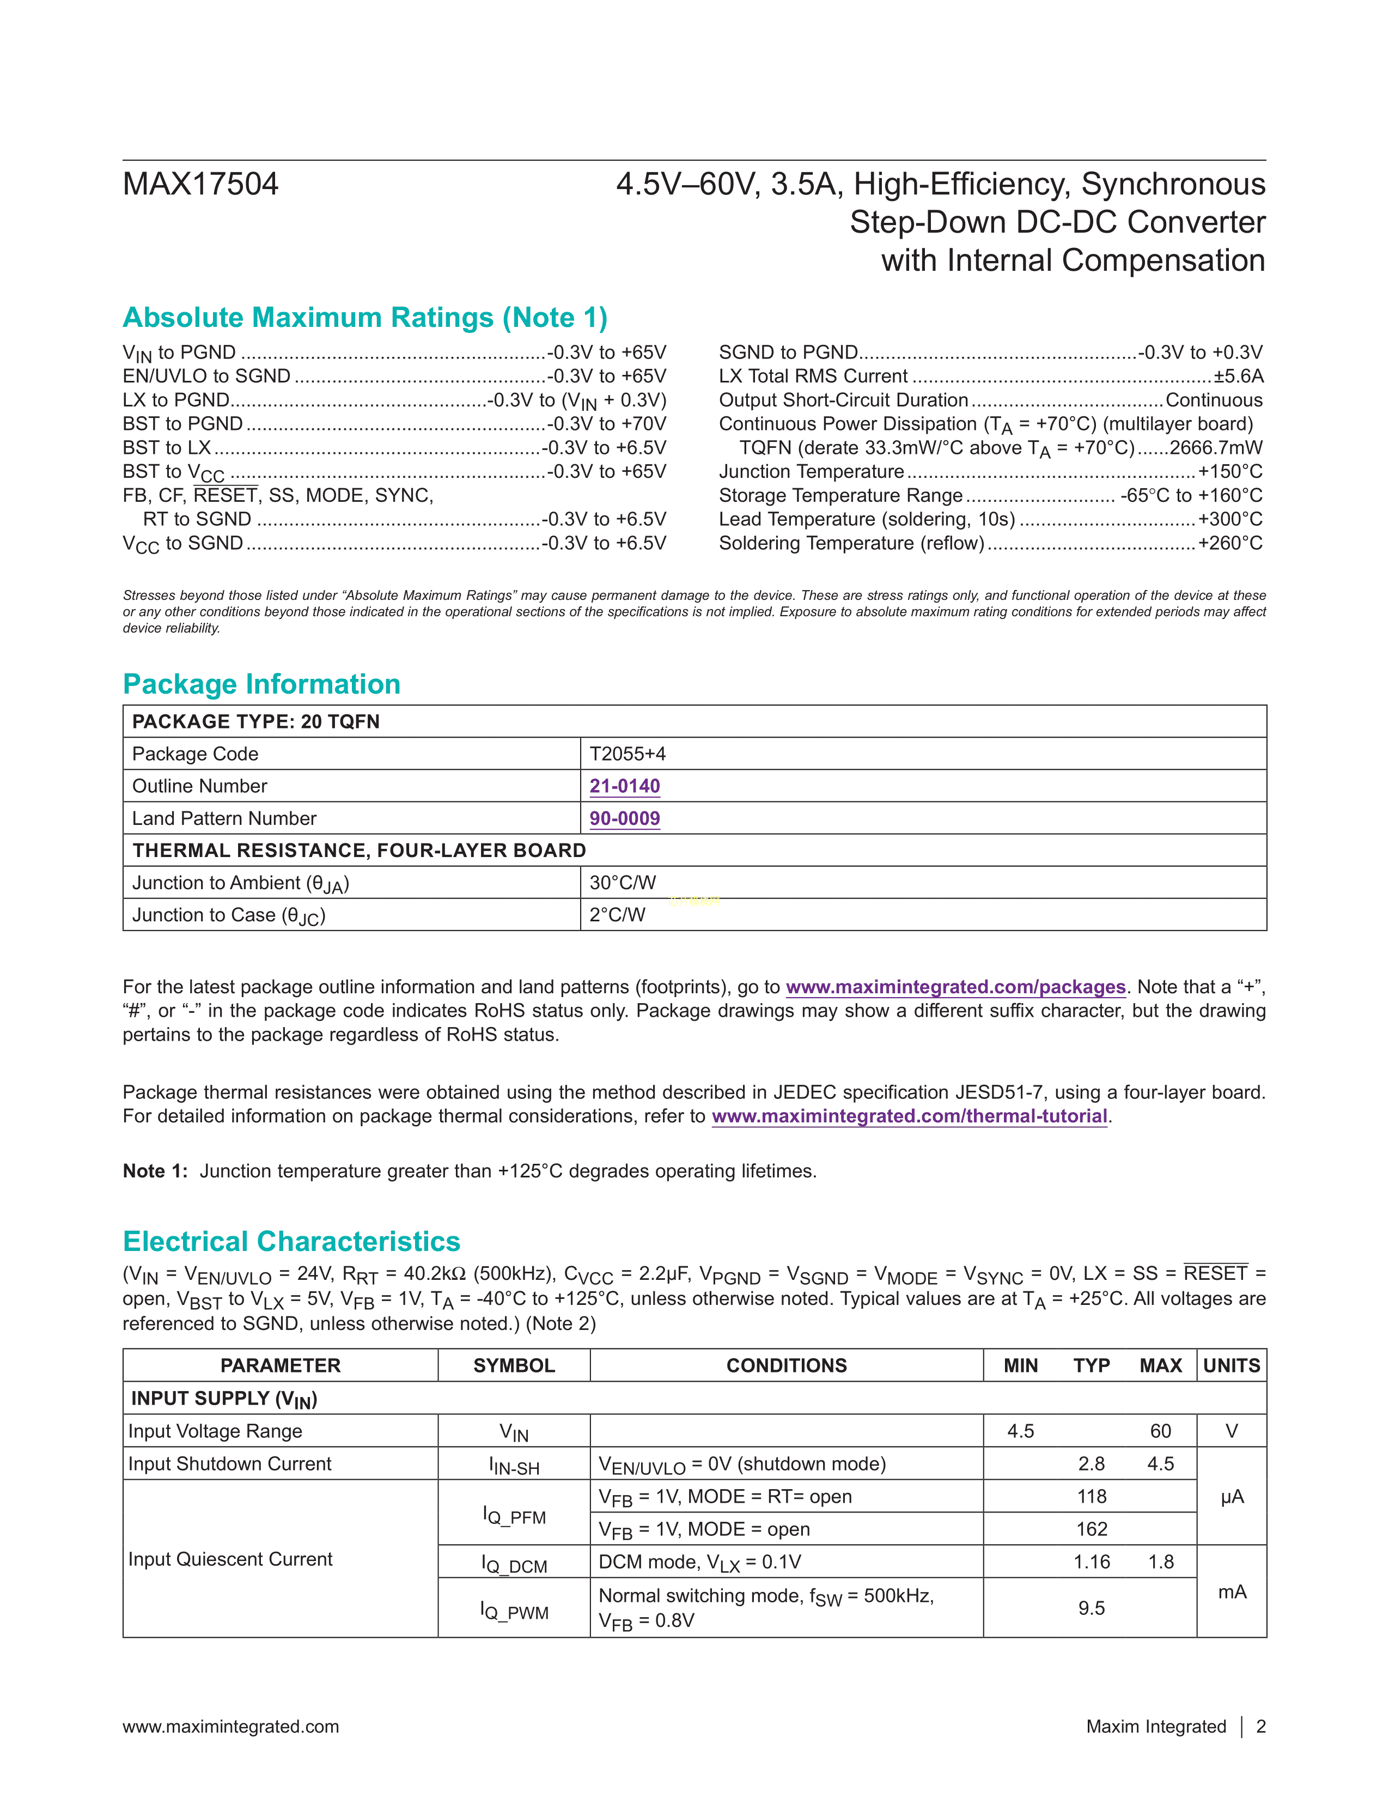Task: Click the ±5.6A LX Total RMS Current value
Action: tap(1239, 376)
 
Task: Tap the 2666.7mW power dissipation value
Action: tap(1215, 448)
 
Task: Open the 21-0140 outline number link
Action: tap(625, 786)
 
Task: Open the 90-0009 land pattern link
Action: tap(625, 818)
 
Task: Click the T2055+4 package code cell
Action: tap(628, 754)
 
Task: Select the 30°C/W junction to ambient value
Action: tap(623, 883)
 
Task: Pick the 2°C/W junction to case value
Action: tap(617, 915)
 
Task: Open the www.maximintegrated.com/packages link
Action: tap(955, 987)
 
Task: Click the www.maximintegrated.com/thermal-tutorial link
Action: tap(909, 1116)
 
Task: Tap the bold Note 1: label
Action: tap(156, 1171)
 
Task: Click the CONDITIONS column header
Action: tap(786, 1366)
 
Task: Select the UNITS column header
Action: tap(1231, 1366)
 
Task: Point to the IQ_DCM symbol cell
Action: tap(514, 1563)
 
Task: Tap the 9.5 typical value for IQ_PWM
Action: tap(1091, 1608)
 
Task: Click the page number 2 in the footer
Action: tap(1260, 1727)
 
